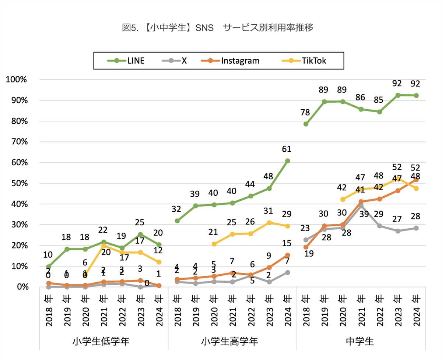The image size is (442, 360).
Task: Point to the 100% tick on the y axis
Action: tap(16, 80)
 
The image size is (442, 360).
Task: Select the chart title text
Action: tap(217, 28)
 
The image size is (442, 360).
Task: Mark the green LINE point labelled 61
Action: tap(287, 161)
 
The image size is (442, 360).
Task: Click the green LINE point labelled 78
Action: tap(306, 124)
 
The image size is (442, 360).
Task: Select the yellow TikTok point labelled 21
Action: tap(214, 244)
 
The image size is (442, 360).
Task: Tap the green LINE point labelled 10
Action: tap(49, 267)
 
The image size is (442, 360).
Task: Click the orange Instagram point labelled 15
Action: tap(287, 255)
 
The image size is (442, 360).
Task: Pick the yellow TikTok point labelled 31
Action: tap(269, 223)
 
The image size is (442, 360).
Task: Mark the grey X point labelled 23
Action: tap(306, 240)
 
